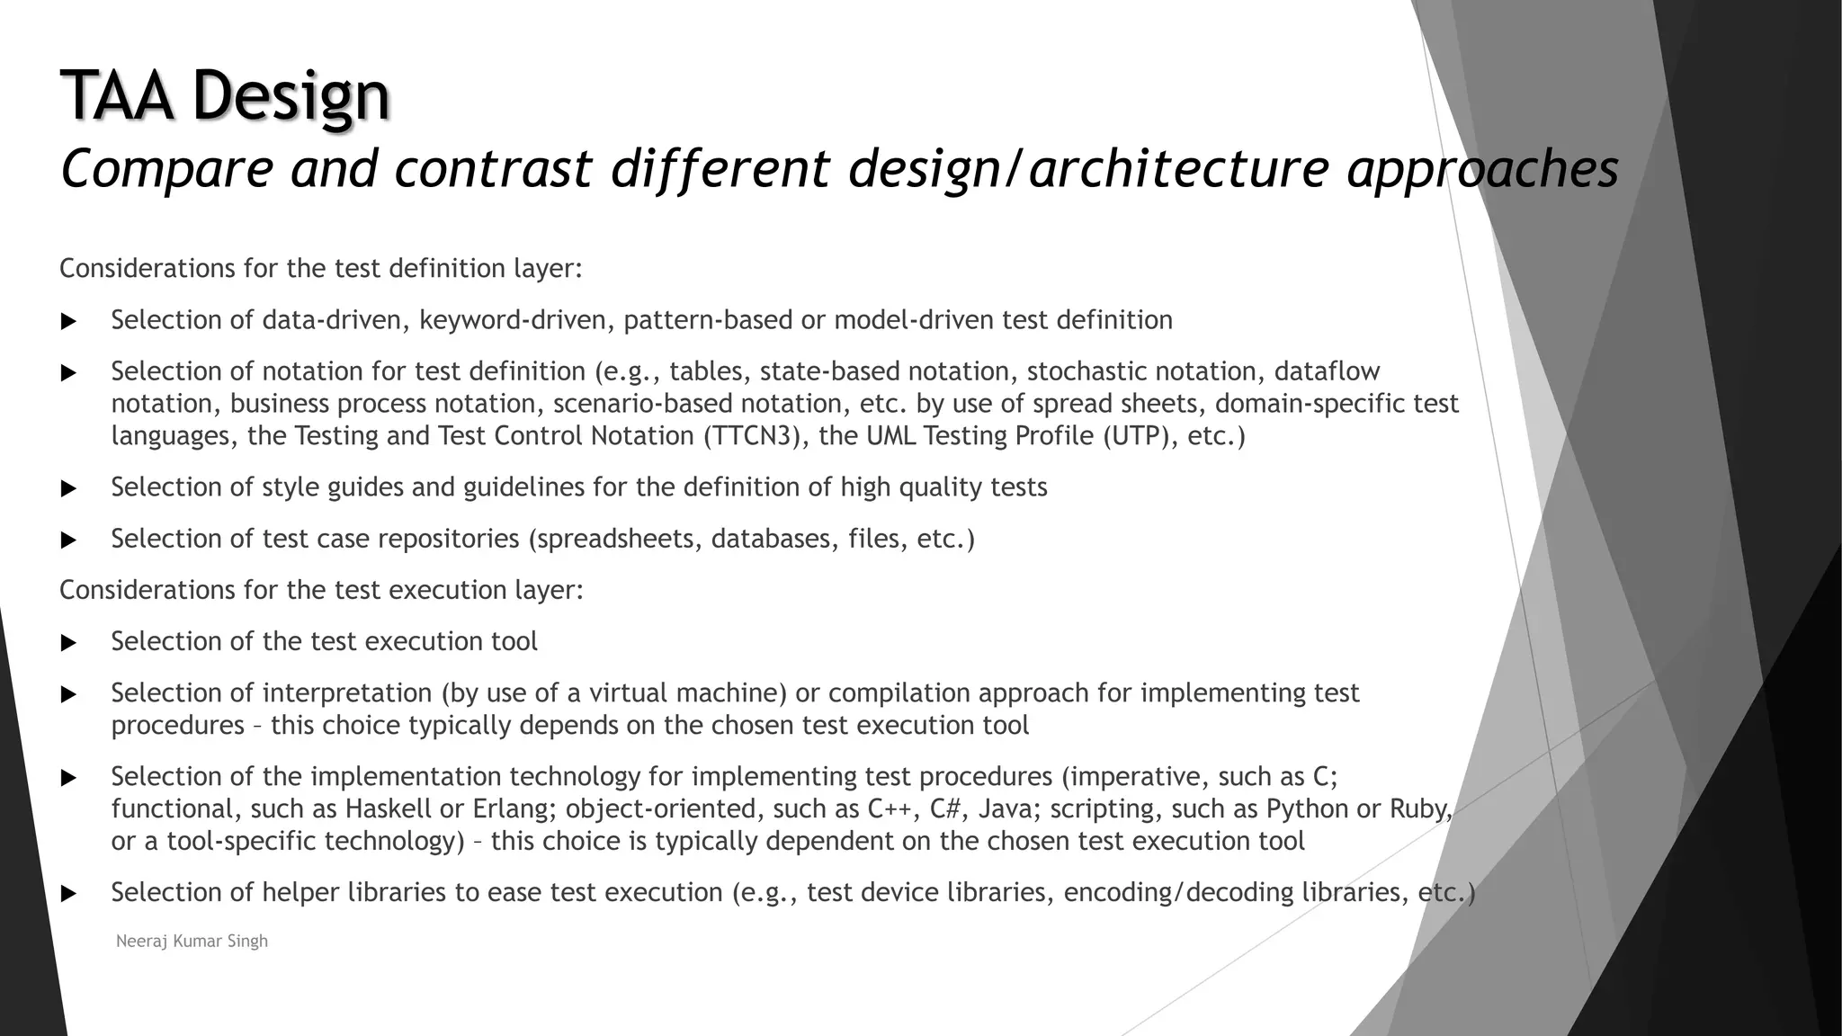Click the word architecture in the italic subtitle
[x=1178, y=168]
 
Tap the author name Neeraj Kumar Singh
[x=192, y=942]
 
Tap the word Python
[x=1307, y=809]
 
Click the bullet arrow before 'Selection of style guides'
[x=68, y=488]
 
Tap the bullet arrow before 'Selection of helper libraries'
[x=68, y=894]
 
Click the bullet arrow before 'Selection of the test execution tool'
[x=68, y=643]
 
